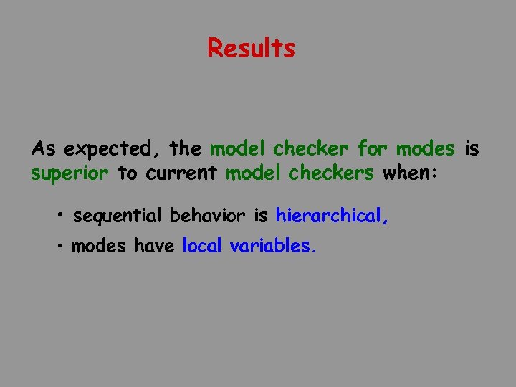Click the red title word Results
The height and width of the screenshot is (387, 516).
(251, 48)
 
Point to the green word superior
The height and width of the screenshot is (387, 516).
(70, 174)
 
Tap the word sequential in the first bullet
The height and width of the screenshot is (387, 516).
(118, 215)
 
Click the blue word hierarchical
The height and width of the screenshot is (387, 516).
(332, 215)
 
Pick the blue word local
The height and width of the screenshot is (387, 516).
(203, 246)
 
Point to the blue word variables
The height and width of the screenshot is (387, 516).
(272, 246)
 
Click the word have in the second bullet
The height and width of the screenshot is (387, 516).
(155, 246)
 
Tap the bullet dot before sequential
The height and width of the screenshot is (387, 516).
(63, 215)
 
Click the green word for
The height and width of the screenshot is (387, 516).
(373, 149)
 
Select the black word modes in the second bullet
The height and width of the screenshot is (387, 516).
(100, 246)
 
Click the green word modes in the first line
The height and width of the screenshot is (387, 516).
(425, 149)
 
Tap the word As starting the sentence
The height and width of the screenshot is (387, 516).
(44, 149)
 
